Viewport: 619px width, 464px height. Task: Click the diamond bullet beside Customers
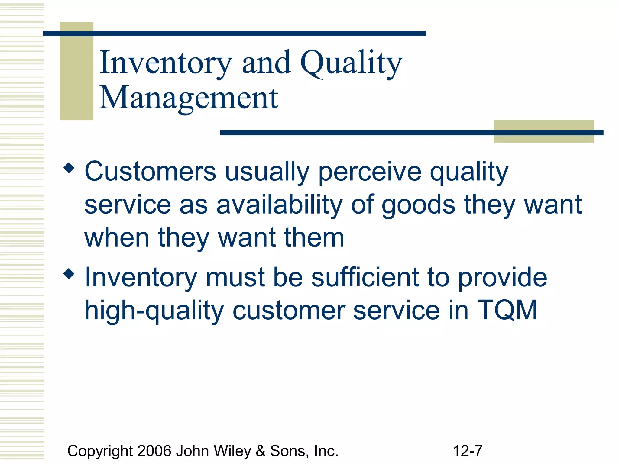tap(69, 168)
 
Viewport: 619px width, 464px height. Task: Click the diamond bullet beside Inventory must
tap(69, 274)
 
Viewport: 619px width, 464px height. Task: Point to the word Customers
tap(150, 172)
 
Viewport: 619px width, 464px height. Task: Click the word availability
tap(280, 205)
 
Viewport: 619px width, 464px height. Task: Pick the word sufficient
tap(365, 277)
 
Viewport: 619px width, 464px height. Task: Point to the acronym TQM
tap(507, 310)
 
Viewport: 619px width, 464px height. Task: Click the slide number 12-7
tap(468, 451)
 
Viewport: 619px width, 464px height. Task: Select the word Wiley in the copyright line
tap(232, 451)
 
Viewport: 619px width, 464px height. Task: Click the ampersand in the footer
tap(260, 451)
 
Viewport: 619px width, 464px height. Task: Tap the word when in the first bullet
tap(117, 238)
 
